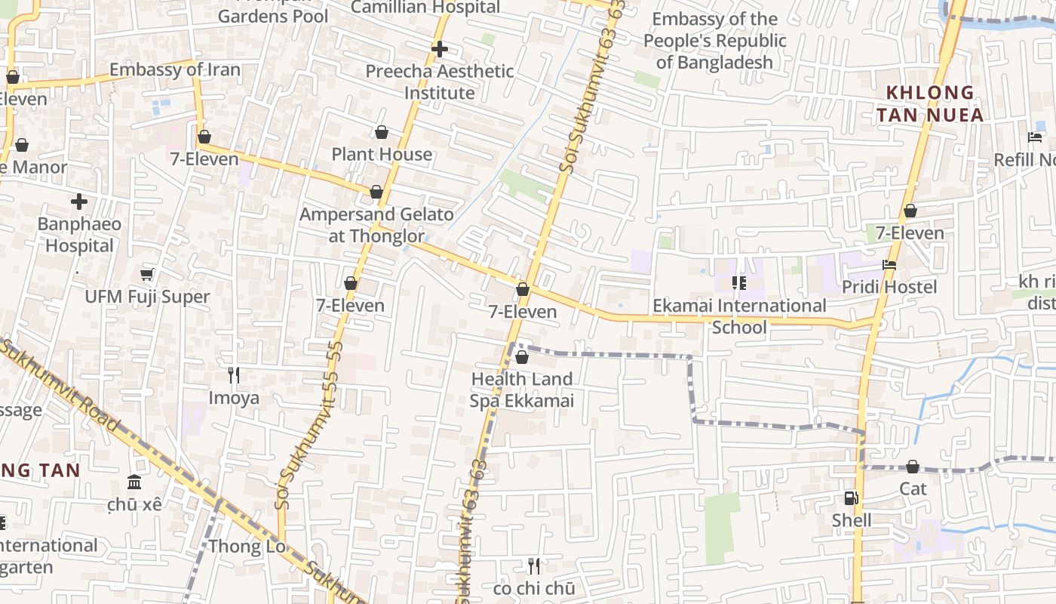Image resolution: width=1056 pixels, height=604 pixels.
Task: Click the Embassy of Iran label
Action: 175,70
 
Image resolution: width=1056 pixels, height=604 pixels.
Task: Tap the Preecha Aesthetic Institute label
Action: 440,82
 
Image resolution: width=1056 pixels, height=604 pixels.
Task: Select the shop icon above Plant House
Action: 382,133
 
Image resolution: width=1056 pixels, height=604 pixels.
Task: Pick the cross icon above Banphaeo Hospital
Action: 79,202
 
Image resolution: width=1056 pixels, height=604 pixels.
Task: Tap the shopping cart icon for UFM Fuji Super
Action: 147,274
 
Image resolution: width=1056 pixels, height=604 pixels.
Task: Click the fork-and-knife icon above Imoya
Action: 234,374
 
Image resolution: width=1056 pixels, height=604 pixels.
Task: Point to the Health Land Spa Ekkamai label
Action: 522,390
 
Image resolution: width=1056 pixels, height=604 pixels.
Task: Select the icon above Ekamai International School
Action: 738,283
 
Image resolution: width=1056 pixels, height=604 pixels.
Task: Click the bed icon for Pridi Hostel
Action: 889,265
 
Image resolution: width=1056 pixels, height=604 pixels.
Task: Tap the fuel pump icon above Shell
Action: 851,498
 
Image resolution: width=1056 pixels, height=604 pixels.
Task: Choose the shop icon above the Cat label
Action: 913,467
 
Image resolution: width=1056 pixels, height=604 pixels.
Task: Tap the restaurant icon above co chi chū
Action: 534,565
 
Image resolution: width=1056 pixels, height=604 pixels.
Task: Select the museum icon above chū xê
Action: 134,482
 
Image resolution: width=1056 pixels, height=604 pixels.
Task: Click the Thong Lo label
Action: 247,546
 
